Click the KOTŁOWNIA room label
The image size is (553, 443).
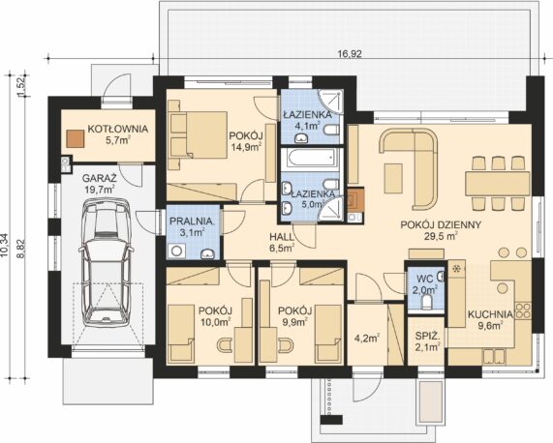pyautogui.click(x=118, y=129)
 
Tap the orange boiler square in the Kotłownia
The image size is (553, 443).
pyautogui.click(x=76, y=138)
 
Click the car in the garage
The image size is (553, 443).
pyautogui.click(x=106, y=262)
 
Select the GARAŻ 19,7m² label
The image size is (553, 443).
pyautogui.click(x=100, y=184)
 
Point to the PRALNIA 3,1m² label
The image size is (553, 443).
pyautogui.click(x=192, y=226)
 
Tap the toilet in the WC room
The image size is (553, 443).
pyautogui.click(x=427, y=302)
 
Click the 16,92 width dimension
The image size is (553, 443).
pyautogui.click(x=350, y=54)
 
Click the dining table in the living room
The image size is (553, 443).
pyautogui.click(x=497, y=184)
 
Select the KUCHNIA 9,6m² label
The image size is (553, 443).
pyautogui.click(x=490, y=320)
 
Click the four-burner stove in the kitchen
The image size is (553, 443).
pyautogui.click(x=523, y=310)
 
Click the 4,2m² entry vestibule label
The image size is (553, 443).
pyautogui.click(x=367, y=339)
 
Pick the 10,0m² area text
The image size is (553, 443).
pyautogui.click(x=216, y=321)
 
